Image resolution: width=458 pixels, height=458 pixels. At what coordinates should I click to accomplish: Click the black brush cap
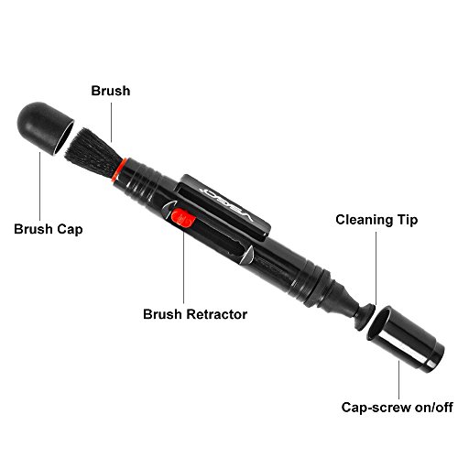tap(44, 127)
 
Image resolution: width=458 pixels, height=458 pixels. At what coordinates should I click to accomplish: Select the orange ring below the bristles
tap(119, 169)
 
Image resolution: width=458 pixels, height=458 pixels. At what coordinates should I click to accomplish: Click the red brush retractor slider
tap(182, 218)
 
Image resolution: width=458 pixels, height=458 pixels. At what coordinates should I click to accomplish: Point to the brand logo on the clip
tap(225, 203)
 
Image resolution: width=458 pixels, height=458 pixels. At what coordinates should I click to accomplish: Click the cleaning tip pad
tap(365, 318)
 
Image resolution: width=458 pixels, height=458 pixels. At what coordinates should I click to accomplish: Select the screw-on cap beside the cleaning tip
tap(406, 339)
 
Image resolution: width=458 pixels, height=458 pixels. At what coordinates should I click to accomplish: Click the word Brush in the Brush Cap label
tap(33, 229)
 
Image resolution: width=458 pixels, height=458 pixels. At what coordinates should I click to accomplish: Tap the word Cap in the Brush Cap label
tap(70, 230)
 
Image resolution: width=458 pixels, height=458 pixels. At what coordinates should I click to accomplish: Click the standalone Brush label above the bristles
tap(111, 91)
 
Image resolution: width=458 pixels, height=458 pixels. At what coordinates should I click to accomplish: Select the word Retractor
tap(217, 314)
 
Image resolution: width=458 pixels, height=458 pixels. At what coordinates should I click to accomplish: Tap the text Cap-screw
tap(376, 408)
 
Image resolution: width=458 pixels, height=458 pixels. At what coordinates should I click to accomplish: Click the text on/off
tap(434, 407)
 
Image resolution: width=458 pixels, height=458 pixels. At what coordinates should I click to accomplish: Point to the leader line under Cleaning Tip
tap(376, 268)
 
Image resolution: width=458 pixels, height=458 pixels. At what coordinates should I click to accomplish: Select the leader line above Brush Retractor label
tap(183, 267)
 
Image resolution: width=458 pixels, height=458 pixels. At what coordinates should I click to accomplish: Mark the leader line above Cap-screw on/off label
tap(398, 379)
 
